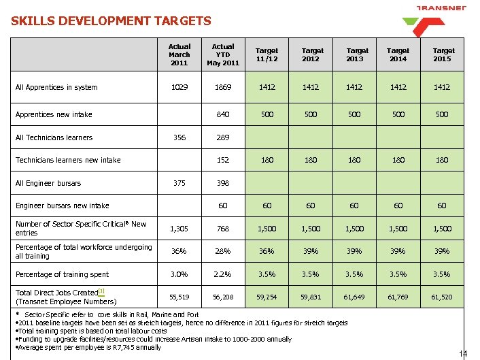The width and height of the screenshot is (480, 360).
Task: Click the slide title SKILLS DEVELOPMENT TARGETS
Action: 111,21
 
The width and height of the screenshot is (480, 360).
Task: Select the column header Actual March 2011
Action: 179,55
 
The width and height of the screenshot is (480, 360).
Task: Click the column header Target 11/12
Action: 267,55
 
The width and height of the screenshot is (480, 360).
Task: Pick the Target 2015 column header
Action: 443,55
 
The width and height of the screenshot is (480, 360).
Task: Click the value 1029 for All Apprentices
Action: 179,87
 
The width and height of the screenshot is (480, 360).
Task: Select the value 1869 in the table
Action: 223,87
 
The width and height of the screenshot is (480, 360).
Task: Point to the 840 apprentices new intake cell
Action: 223,114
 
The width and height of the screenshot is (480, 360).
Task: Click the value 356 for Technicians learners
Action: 179,137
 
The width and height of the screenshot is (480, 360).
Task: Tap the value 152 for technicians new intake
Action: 223,161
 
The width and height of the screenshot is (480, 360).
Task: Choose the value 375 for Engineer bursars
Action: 179,183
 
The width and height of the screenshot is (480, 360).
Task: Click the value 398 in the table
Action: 223,183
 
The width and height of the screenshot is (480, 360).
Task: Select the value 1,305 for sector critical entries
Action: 179,229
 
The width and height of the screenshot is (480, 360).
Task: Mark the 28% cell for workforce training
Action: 223,251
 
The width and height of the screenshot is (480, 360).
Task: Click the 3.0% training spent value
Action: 179,274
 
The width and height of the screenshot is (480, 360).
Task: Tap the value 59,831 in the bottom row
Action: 312,297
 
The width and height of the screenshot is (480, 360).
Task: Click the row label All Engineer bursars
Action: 48,183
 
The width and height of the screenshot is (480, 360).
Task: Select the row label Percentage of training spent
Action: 62,274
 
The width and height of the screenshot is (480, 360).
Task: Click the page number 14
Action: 464,353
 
